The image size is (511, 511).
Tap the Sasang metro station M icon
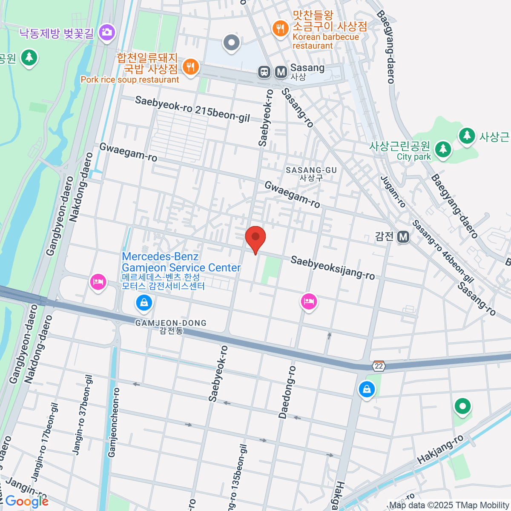281,72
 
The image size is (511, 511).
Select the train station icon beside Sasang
264,72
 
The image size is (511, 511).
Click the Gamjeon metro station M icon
403,237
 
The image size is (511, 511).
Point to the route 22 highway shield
379,366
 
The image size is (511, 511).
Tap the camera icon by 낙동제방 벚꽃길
106,32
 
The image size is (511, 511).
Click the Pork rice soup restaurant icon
191,67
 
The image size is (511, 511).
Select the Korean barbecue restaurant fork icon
280,29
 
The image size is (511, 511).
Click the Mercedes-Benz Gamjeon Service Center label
181,262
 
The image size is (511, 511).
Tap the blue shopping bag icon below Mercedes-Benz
144,303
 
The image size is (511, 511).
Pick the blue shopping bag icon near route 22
366,389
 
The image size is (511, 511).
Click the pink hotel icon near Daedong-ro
309,301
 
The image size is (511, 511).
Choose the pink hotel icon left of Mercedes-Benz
98,282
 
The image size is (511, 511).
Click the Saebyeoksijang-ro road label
333,268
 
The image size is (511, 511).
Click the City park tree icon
443,149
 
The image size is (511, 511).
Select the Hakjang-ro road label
440,450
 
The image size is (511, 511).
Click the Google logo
27,501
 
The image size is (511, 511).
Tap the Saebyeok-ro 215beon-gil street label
192,109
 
